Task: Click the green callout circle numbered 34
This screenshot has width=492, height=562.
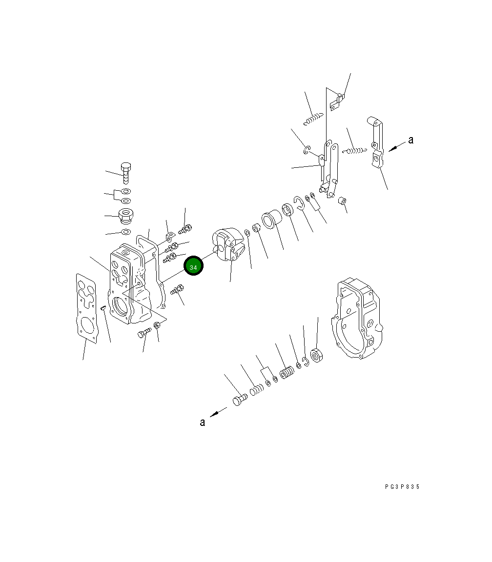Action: [193, 266]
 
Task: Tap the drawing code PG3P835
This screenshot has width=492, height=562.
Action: [402, 487]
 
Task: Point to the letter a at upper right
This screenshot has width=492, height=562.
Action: [410, 140]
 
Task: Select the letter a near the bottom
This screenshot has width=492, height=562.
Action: [203, 422]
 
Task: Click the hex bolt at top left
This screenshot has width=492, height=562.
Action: [125, 173]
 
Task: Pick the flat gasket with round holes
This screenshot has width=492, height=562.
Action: [86, 309]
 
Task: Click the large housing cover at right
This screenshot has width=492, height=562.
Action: [357, 318]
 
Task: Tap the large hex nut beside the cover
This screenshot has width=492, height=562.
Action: [317, 355]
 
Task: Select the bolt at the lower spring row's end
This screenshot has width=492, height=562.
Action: [240, 399]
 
